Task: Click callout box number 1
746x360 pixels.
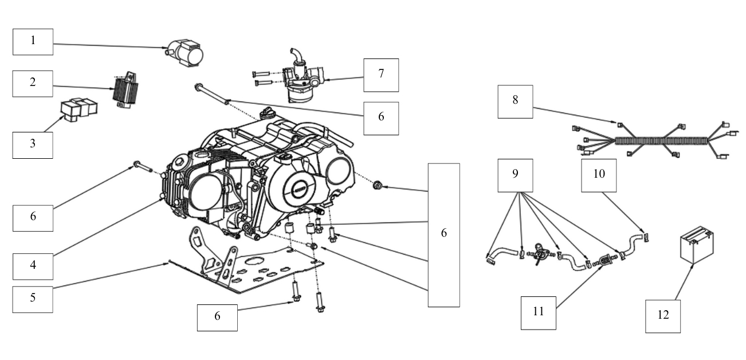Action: point(33,41)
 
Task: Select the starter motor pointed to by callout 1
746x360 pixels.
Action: point(184,54)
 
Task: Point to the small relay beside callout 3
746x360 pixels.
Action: point(79,108)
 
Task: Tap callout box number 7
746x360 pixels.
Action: point(381,75)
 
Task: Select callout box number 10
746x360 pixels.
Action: point(599,174)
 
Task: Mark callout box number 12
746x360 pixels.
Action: point(662,315)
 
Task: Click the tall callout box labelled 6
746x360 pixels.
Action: point(444,234)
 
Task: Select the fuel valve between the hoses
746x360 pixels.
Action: point(539,253)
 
